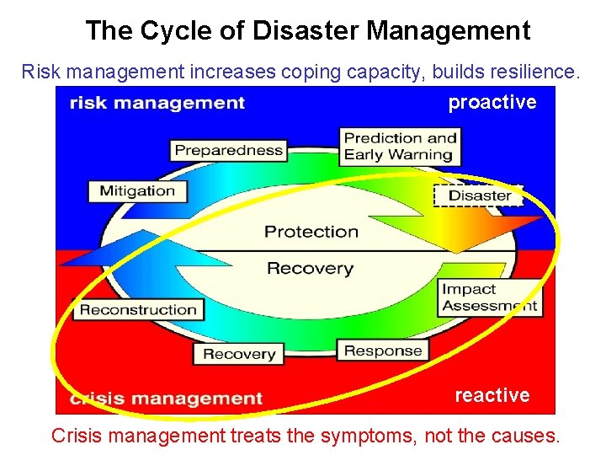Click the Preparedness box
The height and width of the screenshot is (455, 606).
pos(229,151)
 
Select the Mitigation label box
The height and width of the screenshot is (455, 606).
pos(137,190)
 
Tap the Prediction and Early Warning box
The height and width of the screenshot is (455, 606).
pos(400,146)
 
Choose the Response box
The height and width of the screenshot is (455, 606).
pos(383,351)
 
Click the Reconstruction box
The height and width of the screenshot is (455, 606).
pos(138,309)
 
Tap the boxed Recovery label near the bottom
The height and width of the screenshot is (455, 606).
pos(238,354)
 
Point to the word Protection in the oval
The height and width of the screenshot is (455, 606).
pos(311,232)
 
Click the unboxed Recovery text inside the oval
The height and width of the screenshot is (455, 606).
pos(310,269)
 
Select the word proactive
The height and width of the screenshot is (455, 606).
pos(492,103)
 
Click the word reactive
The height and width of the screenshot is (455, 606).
pos(492,395)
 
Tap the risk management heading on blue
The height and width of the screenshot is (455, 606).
pos(157,103)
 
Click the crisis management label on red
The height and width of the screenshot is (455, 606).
pos(167,399)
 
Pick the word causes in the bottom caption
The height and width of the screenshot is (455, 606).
pos(524,436)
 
